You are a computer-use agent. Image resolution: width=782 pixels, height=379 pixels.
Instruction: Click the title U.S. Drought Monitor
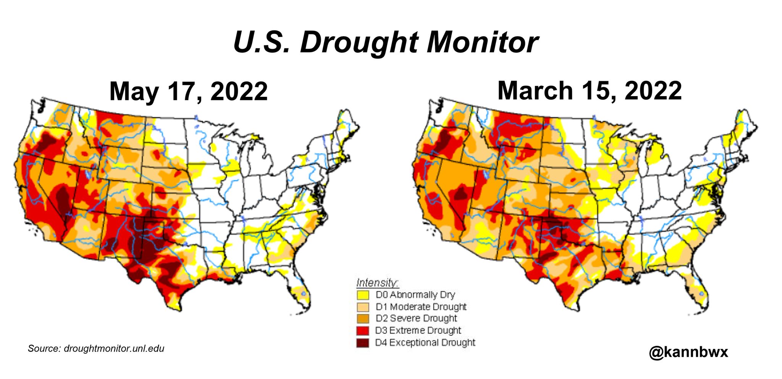click(x=386, y=42)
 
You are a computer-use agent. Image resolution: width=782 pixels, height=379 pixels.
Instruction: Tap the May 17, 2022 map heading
click(x=188, y=92)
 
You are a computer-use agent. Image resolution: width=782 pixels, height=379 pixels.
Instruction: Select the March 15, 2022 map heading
click(x=589, y=91)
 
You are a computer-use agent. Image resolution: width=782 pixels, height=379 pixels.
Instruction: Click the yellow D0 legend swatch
click(x=363, y=295)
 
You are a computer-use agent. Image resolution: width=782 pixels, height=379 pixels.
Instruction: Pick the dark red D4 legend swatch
click(x=363, y=342)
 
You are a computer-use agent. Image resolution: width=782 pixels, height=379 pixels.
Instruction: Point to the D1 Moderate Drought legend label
click(x=421, y=307)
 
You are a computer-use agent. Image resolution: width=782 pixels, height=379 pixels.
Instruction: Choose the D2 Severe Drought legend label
click(x=416, y=318)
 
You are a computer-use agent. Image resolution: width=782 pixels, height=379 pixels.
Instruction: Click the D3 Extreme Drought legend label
click(x=418, y=330)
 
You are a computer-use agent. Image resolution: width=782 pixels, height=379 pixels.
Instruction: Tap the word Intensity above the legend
click(x=377, y=283)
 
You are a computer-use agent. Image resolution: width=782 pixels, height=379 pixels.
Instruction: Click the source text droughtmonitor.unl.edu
click(x=114, y=348)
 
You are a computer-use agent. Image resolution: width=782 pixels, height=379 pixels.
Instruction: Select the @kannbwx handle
click(x=688, y=352)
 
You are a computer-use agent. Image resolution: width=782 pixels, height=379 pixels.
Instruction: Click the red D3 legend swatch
click(x=363, y=330)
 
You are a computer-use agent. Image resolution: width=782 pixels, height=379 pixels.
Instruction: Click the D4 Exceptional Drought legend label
click(x=425, y=342)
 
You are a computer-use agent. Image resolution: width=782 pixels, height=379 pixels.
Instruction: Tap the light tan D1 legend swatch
click(x=363, y=307)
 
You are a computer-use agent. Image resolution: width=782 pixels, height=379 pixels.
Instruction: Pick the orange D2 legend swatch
click(x=363, y=318)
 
